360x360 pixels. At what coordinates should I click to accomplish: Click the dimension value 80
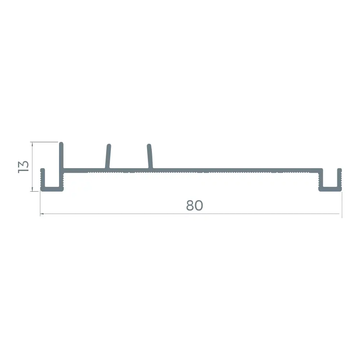click(x=194, y=206)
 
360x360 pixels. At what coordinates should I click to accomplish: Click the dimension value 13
click(x=23, y=167)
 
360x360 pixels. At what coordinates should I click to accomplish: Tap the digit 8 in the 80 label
click(x=190, y=206)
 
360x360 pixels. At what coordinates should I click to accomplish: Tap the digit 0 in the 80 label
click(x=199, y=206)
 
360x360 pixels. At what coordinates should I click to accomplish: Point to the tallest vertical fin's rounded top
click(x=61, y=144)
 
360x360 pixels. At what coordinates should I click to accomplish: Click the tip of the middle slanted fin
click(x=109, y=145)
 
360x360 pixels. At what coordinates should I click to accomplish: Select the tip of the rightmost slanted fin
click(x=149, y=145)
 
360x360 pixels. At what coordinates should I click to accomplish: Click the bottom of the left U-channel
click(x=52, y=189)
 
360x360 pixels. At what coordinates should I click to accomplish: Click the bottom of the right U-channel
click(x=330, y=189)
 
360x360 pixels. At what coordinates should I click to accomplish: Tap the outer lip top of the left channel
click(x=42, y=170)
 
